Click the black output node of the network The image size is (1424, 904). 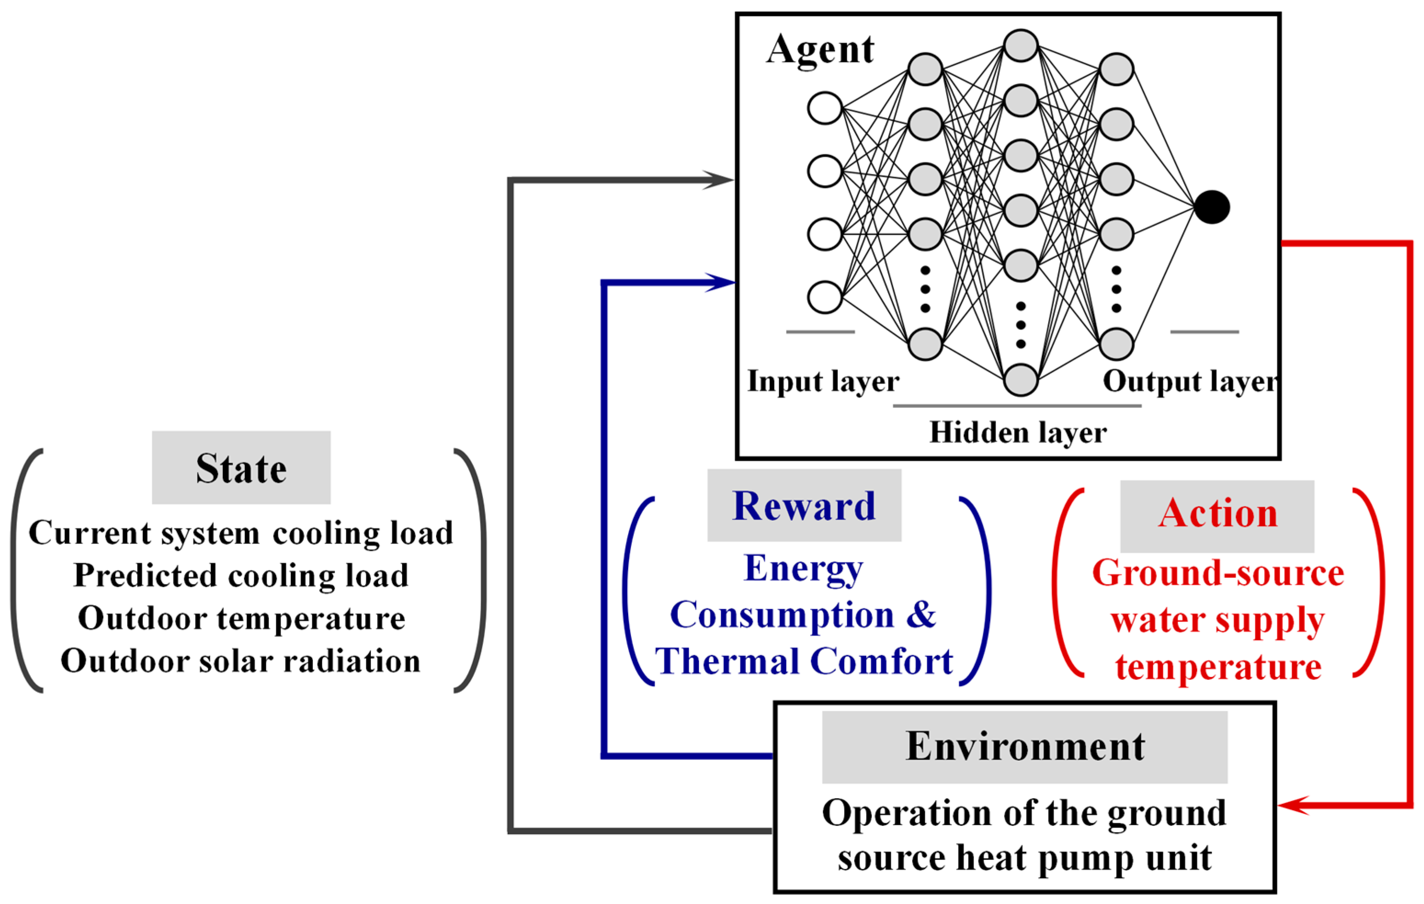pos(1212,207)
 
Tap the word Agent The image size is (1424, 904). pos(820,50)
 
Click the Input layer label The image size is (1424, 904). pos(823,381)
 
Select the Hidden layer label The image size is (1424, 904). pos(1018,433)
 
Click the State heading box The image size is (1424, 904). pos(241,468)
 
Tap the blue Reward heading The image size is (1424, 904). pos(804,506)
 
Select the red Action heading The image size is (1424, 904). pos(1218,513)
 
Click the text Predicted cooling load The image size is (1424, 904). pos(241,575)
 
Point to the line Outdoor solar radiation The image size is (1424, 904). pos(241,661)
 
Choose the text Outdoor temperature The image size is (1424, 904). pos(241,618)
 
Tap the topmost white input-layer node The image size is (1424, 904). pos(825,108)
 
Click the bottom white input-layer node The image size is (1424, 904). pos(825,297)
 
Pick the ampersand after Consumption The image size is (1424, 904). pos(921,615)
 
